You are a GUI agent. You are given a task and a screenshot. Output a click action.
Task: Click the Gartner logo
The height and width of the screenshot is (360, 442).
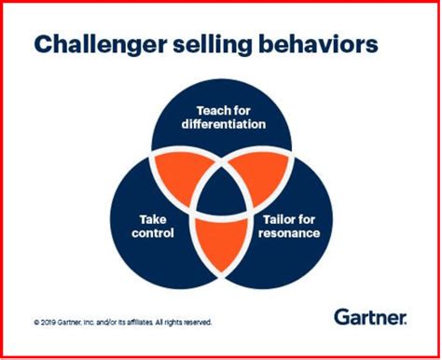(x=369, y=318)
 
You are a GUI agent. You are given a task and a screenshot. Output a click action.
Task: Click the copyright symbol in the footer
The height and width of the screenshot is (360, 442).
(x=35, y=323)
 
